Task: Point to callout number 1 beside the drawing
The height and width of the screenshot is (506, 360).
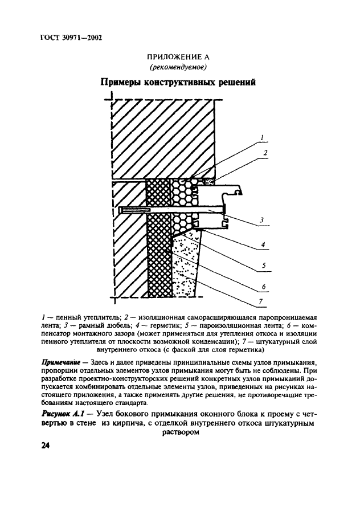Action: pos(261,137)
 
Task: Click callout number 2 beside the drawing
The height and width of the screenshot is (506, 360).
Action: pos(265,153)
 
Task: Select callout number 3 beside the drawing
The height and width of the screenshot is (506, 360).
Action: pos(261,219)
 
